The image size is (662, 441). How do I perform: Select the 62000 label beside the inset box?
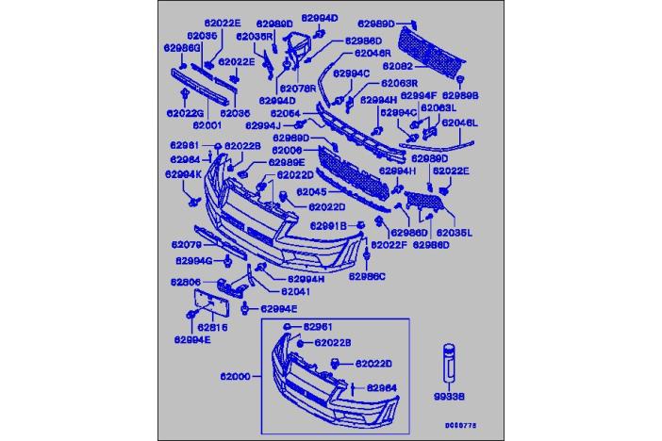point(235,375)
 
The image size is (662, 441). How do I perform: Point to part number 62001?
point(207,123)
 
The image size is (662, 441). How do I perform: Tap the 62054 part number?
point(286,113)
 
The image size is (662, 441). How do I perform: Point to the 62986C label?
point(367,276)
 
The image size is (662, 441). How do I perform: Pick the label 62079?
point(187,244)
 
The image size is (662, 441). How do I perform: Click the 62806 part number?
point(185,282)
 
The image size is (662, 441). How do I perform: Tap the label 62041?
point(295,291)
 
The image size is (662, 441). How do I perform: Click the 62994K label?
point(183,173)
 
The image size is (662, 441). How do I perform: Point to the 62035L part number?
point(457,232)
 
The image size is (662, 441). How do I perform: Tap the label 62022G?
point(185,113)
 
